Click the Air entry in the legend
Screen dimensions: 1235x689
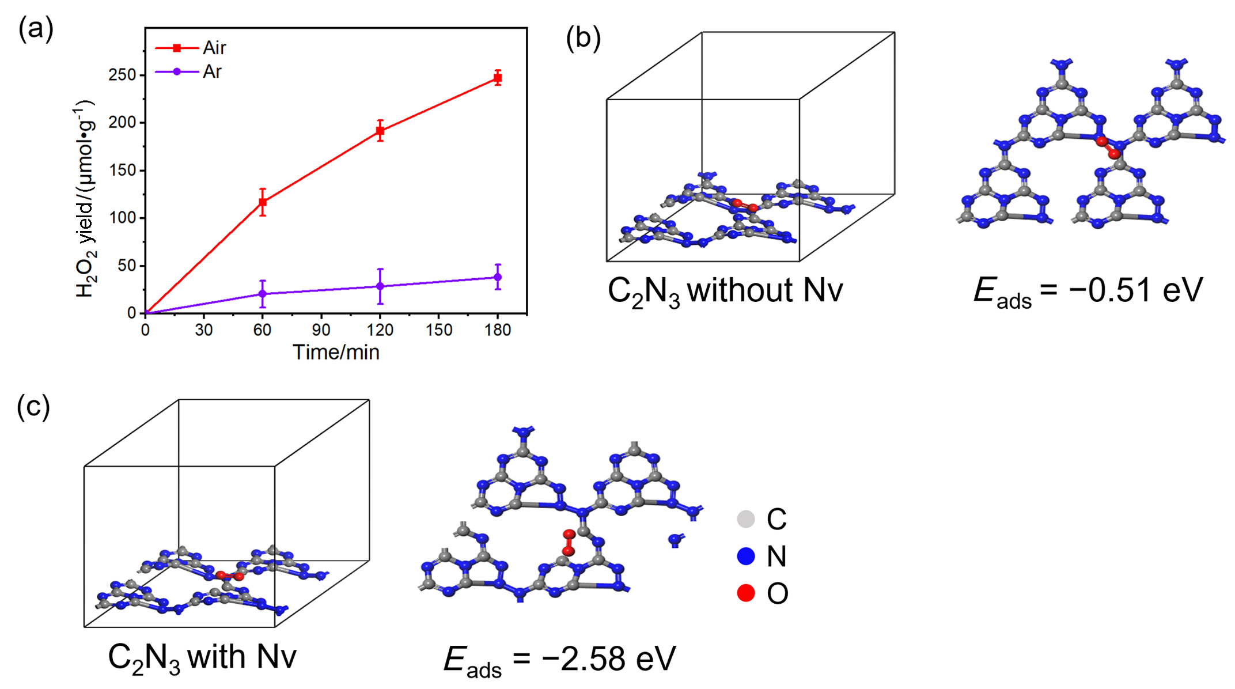[191, 48]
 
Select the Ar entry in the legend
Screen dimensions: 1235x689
[188, 72]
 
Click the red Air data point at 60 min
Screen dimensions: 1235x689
[263, 202]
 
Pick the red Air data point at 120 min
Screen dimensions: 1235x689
[380, 131]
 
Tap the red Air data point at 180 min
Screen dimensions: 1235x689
[498, 77]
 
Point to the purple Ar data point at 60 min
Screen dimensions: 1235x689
[263, 294]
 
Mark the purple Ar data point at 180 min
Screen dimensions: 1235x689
[498, 277]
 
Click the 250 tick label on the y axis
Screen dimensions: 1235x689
[122, 75]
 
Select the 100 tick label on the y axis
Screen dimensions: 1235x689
[122, 218]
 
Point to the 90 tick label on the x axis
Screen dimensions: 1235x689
[321, 330]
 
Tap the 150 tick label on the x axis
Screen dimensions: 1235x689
[439, 330]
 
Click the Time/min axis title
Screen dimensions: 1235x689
[336, 352]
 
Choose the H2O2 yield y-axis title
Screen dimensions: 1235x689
[85, 199]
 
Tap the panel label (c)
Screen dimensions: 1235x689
[33, 406]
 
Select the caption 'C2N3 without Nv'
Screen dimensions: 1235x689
[725, 291]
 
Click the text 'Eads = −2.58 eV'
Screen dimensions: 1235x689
[559, 660]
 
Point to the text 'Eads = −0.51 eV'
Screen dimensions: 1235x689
[1088, 291]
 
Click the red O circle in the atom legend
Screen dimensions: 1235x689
[746, 593]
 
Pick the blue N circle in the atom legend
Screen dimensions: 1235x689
[746, 556]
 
